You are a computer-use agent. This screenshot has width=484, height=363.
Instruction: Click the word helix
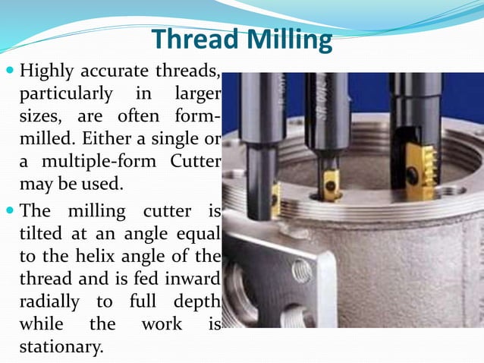click(x=134, y=255)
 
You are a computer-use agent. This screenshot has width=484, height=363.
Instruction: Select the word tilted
click(x=38, y=232)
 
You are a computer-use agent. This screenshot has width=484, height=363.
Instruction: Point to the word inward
click(x=194, y=278)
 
